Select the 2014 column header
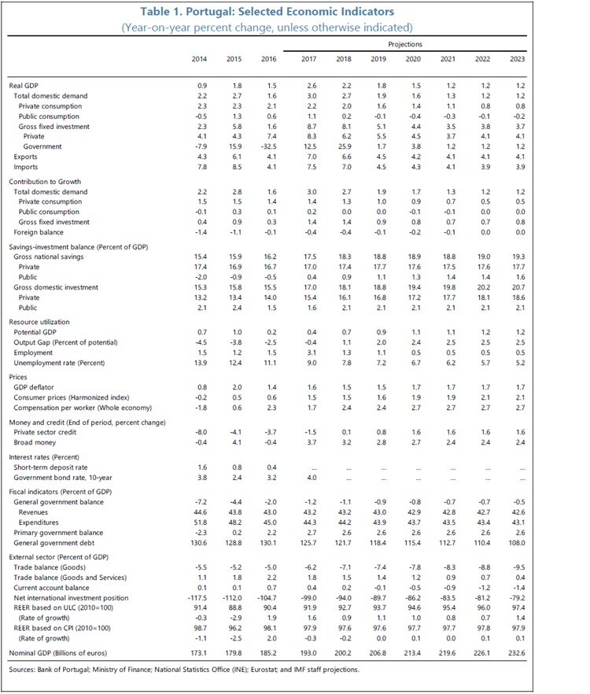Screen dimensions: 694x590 pyautogui.click(x=200, y=60)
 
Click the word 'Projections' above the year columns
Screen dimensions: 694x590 pyautogui.click(x=405, y=45)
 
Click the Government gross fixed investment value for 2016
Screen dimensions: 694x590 pyautogui.click(x=271, y=147)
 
